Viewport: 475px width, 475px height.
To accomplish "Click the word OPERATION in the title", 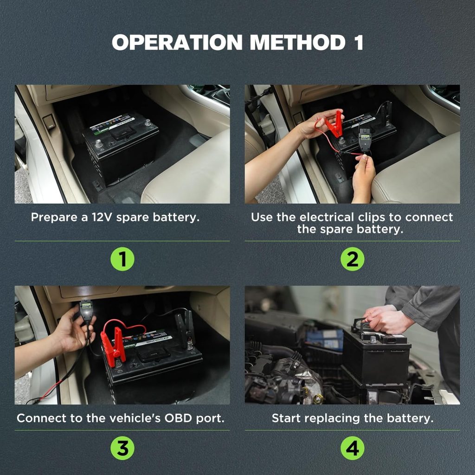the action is tap(177, 42).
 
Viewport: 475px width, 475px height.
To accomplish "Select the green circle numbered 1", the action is tap(122, 259).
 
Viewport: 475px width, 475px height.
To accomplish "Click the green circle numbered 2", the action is tap(353, 259).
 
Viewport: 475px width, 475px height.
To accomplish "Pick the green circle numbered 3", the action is tap(122, 448).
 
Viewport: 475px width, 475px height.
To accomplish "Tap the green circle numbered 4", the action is tap(353, 448).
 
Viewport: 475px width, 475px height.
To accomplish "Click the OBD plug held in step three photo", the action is tap(86, 308).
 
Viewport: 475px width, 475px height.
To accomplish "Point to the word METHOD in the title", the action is tap(297, 42).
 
